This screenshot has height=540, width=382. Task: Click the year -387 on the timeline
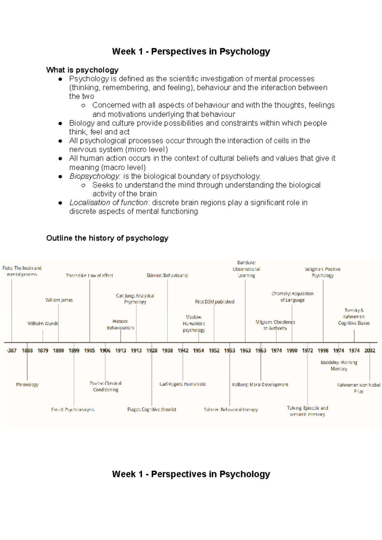(x=11, y=350)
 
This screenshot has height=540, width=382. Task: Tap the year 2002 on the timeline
(x=370, y=350)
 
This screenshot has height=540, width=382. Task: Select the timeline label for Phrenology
(x=27, y=384)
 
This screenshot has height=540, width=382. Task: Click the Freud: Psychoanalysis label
(x=73, y=410)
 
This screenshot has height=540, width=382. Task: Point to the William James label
(x=59, y=300)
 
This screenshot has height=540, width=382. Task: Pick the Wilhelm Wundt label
(x=43, y=323)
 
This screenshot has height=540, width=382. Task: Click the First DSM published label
(x=215, y=301)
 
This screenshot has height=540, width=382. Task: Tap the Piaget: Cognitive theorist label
(x=152, y=409)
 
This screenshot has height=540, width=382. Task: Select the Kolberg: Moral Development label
(x=260, y=384)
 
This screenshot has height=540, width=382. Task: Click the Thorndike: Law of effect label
(x=89, y=275)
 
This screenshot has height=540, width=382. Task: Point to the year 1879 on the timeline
(x=43, y=350)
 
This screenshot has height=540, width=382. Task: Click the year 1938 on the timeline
(x=167, y=350)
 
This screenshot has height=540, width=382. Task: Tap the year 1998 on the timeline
(x=323, y=350)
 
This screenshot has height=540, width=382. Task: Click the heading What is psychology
(x=82, y=70)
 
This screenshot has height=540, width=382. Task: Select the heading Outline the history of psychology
(x=107, y=238)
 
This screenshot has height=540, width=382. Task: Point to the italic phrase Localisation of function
(x=109, y=203)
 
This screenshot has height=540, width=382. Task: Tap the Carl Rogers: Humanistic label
(x=183, y=384)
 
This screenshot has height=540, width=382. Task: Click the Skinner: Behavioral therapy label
(x=231, y=410)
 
